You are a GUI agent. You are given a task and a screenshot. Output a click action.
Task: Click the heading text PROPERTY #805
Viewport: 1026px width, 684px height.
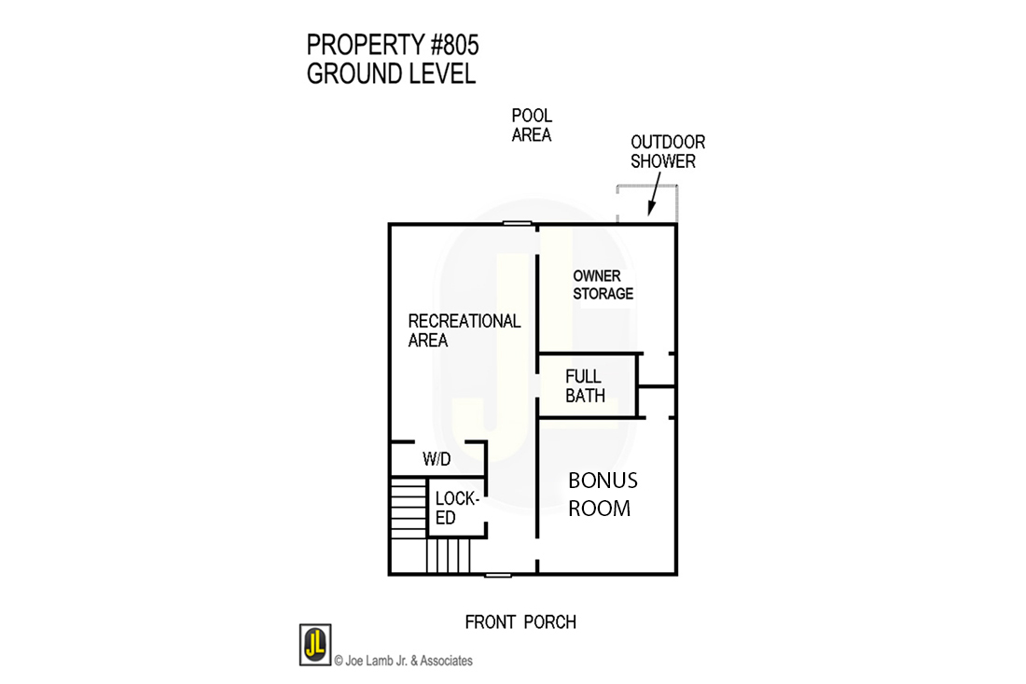393,45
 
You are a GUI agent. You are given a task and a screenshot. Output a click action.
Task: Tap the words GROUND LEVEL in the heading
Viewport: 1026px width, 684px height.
391,74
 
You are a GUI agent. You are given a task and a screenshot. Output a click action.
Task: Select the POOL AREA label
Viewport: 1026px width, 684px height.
532,125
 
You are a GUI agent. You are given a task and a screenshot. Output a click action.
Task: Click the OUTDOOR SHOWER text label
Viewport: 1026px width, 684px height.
668,151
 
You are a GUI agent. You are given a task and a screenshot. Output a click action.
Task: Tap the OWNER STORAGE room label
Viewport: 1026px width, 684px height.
603,285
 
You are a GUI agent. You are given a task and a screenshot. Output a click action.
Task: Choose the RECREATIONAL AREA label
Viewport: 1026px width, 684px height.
464,330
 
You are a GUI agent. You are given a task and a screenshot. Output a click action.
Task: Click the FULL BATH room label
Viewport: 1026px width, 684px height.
585,386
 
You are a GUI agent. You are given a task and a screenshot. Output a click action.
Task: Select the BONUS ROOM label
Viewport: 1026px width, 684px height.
603,495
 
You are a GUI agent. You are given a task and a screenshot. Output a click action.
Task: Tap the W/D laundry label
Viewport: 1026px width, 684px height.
437,459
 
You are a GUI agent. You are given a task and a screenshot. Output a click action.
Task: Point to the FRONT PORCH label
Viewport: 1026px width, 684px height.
520,621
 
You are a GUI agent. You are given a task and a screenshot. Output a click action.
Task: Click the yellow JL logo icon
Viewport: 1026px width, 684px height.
314,645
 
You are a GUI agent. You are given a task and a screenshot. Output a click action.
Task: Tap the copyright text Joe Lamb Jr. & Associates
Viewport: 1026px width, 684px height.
403,661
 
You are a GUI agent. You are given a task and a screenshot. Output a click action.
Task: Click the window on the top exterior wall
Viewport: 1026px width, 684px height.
517,223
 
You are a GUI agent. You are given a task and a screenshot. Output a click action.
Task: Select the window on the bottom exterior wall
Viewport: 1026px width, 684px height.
498,574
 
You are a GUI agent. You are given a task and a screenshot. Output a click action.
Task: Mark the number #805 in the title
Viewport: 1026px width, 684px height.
451,45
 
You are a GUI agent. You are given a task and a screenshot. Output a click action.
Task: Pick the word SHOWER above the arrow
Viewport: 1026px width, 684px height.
663,161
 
